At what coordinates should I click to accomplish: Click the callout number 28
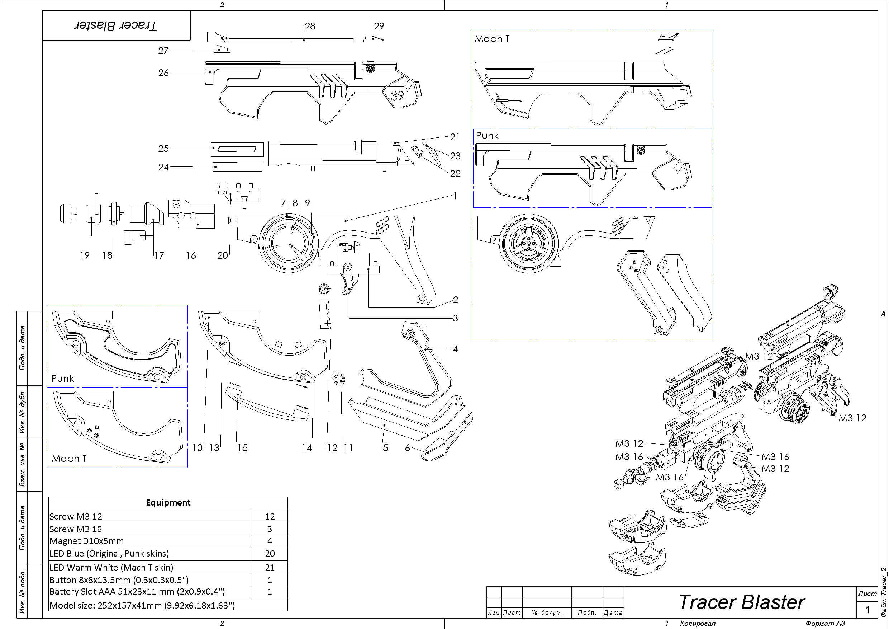pyautogui.click(x=310, y=26)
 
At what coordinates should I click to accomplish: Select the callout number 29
pyautogui.click(x=379, y=26)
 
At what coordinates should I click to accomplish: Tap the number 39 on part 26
pyautogui.click(x=397, y=95)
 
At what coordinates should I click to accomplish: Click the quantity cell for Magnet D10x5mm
pyautogui.click(x=270, y=541)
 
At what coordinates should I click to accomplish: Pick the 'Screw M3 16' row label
pyautogui.click(x=76, y=529)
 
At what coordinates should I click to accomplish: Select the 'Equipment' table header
pyautogui.click(x=168, y=503)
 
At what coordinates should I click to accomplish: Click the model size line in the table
pyautogui.click(x=142, y=605)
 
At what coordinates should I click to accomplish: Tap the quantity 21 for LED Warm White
pyautogui.click(x=270, y=567)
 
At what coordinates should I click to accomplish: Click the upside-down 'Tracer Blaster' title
pyautogui.click(x=116, y=25)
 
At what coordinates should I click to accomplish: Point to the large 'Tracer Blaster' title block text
pyautogui.click(x=741, y=602)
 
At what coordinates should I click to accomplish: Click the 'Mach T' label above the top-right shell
pyautogui.click(x=492, y=39)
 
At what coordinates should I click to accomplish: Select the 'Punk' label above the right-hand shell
pyautogui.click(x=487, y=136)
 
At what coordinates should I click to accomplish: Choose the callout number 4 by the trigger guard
pyautogui.click(x=455, y=349)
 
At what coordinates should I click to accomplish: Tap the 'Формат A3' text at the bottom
pyautogui.click(x=825, y=623)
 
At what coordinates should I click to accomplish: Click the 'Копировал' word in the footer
pyautogui.click(x=698, y=623)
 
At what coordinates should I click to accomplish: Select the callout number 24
pyautogui.click(x=163, y=167)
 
